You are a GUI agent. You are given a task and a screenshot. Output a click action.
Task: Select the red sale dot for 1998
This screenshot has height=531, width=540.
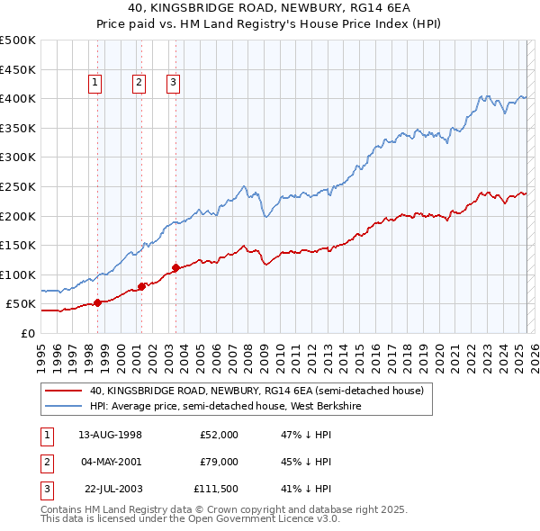click(97, 302)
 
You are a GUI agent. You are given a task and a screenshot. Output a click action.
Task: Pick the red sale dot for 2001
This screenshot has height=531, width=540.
click(141, 286)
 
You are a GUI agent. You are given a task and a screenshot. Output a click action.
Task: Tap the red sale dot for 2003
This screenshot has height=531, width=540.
click(175, 267)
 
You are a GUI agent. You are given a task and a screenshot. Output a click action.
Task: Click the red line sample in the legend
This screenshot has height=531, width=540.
click(62, 391)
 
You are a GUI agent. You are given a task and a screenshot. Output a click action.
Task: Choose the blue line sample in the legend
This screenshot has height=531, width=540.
click(62, 406)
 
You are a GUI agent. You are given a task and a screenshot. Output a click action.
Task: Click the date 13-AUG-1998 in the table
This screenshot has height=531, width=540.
click(111, 435)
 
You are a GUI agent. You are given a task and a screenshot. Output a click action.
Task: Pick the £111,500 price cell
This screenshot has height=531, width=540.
click(216, 490)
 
